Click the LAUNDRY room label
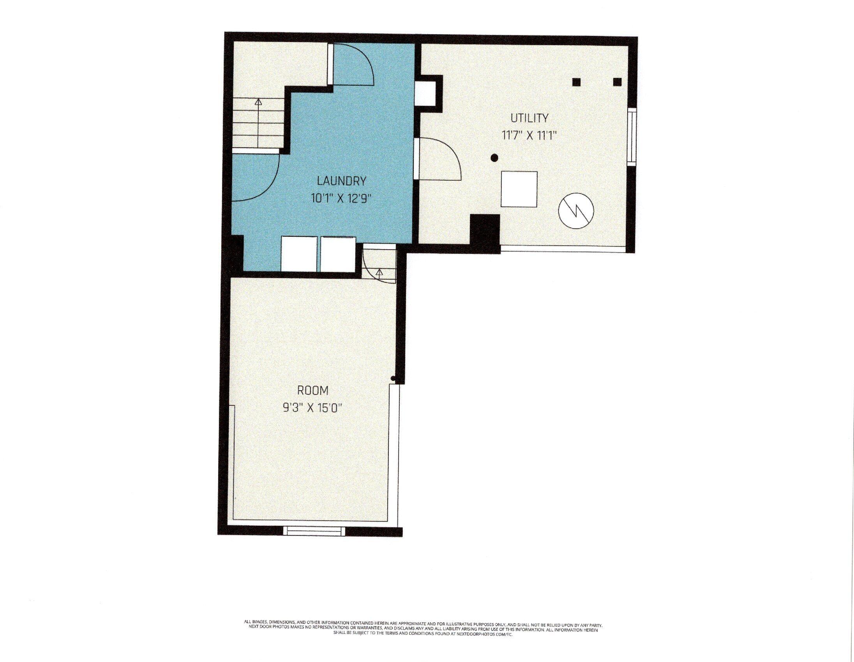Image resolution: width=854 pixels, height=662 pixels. click(341, 181)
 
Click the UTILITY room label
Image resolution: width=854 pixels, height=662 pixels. click(529, 118)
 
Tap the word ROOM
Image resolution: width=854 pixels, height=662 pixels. click(313, 391)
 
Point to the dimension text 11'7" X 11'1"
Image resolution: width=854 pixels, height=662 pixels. click(529, 136)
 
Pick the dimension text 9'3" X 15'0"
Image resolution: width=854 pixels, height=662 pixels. click(313, 408)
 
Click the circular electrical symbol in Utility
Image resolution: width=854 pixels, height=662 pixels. click(576, 211)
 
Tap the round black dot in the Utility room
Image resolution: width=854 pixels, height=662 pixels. click(494, 158)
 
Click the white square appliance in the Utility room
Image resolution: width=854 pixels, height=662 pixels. click(519, 189)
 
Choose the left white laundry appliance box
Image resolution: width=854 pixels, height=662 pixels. click(299, 254)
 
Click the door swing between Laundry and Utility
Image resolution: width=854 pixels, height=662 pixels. click(438, 160)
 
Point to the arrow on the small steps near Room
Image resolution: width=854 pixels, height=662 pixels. click(379, 272)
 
